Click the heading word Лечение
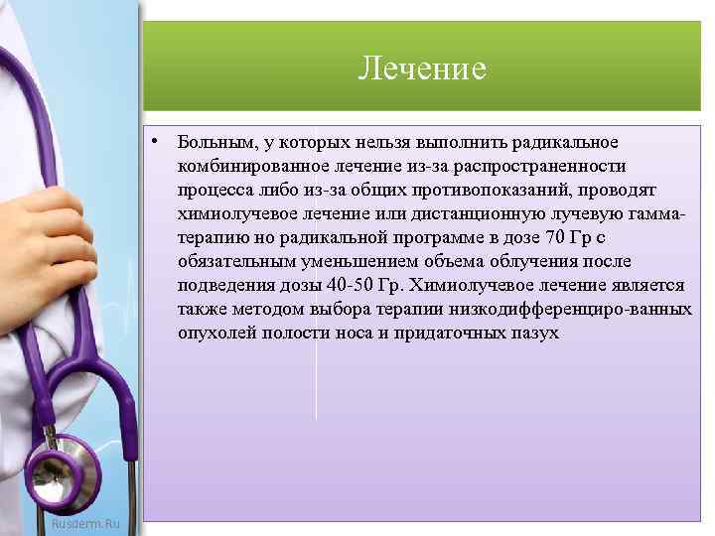tap(422, 68)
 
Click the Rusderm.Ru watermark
tap(85, 522)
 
